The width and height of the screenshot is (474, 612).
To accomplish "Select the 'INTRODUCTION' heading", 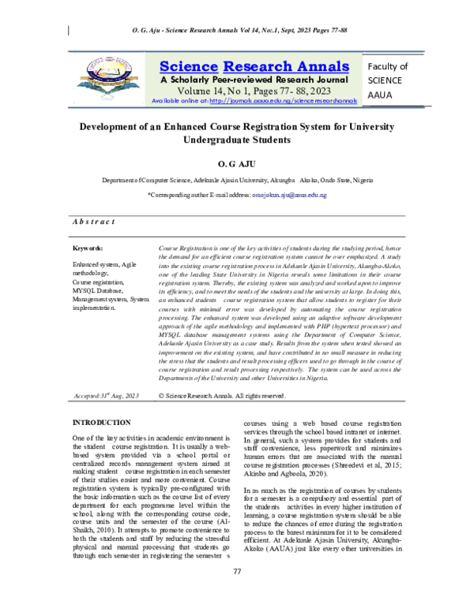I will (x=102, y=424).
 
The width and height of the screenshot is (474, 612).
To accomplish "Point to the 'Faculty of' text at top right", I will (x=388, y=67).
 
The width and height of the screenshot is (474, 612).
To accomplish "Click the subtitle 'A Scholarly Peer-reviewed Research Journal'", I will (x=254, y=80).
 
